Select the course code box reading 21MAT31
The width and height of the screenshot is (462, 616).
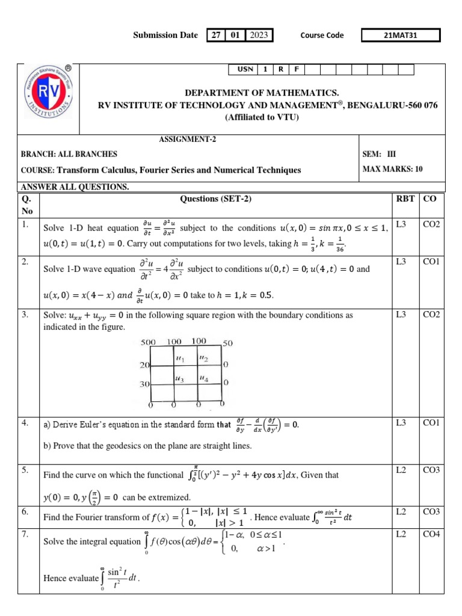400,35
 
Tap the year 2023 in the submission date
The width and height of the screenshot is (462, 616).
259,35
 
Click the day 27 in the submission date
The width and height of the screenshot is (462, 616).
215,35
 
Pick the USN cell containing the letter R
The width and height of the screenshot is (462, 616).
280,69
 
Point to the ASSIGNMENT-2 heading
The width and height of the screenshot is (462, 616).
183,139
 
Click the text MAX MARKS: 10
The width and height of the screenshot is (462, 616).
393,169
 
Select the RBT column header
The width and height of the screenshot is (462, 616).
404,199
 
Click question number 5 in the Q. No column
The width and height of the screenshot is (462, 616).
25,470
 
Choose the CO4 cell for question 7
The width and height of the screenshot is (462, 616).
431,534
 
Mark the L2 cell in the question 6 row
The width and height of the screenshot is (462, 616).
401,511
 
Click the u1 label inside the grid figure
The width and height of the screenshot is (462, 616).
179,359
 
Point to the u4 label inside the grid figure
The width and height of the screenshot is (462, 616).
204,379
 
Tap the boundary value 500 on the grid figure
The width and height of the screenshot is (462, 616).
148,342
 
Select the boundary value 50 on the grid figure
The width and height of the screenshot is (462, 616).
227,343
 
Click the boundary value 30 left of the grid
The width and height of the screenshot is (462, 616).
144,383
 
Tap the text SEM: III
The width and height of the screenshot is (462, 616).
380,154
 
